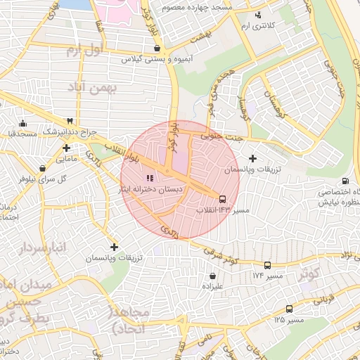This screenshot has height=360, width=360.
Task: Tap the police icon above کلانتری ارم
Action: tap(258, 15)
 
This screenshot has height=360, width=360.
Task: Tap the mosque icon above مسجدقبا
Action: tap(23, 122)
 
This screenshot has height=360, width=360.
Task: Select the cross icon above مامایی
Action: tap(66, 148)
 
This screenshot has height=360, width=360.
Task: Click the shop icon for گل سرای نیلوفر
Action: tap(44, 168)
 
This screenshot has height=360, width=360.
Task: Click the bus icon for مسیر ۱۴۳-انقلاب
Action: tap(223, 199)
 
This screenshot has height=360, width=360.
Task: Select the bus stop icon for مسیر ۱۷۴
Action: tap(267, 265)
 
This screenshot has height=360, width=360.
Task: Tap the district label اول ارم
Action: tap(84, 51)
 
